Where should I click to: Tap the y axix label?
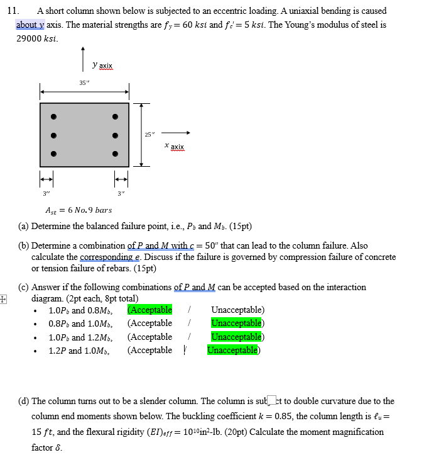[x=102, y=65]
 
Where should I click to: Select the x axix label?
[x=174, y=146]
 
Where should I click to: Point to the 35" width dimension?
[x=84, y=83]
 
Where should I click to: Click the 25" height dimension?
[x=149, y=134]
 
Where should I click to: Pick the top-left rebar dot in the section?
[x=54, y=116]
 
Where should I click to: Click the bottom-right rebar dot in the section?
[x=115, y=154]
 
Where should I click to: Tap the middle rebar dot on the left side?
[x=54, y=135]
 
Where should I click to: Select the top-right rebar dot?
[x=115, y=116]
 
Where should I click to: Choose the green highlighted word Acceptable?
[x=150, y=310]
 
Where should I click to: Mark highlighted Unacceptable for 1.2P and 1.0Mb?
[x=232, y=350]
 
